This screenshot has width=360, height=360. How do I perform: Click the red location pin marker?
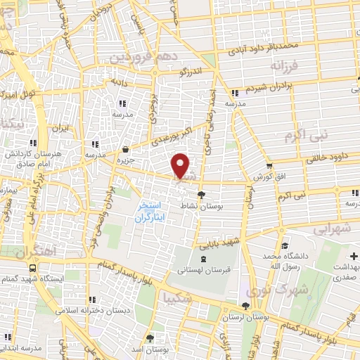(181, 166)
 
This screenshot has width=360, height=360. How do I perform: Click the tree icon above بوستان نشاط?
(202, 196)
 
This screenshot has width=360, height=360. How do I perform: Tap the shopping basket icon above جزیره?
(125, 149)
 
